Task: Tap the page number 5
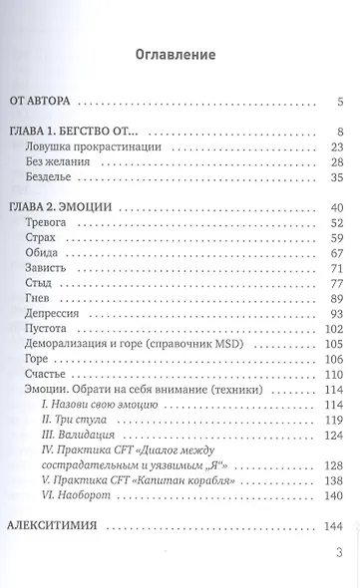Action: (x=340, y=102)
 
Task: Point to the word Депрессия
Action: (x=56, y=314)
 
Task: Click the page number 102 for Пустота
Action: (x=334, y=329)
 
